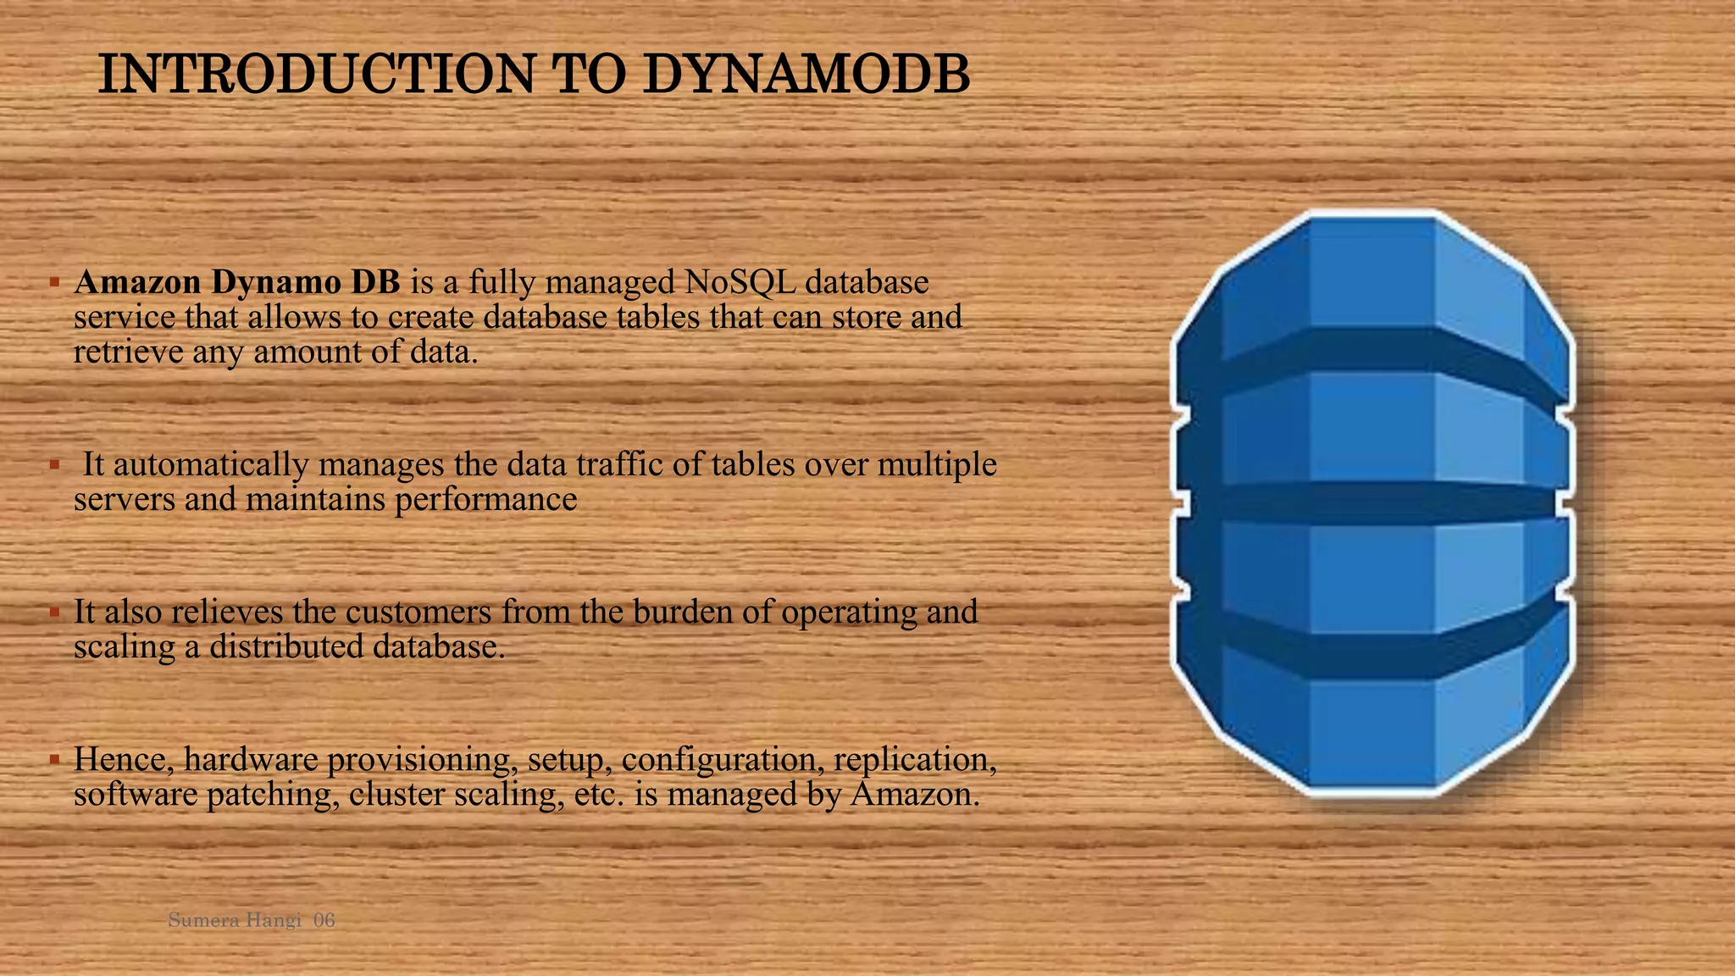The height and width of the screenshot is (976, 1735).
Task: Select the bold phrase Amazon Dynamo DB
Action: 237,282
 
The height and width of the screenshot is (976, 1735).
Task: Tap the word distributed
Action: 286,647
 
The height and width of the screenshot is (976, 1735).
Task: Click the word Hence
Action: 124,759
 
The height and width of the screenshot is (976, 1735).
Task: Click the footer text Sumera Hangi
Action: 235,920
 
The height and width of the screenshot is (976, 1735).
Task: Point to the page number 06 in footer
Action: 324,920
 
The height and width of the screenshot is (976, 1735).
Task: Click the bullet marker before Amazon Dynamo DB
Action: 53,280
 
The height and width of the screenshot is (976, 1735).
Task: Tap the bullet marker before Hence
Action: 53,758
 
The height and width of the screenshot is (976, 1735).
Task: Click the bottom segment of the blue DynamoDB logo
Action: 1372,729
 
